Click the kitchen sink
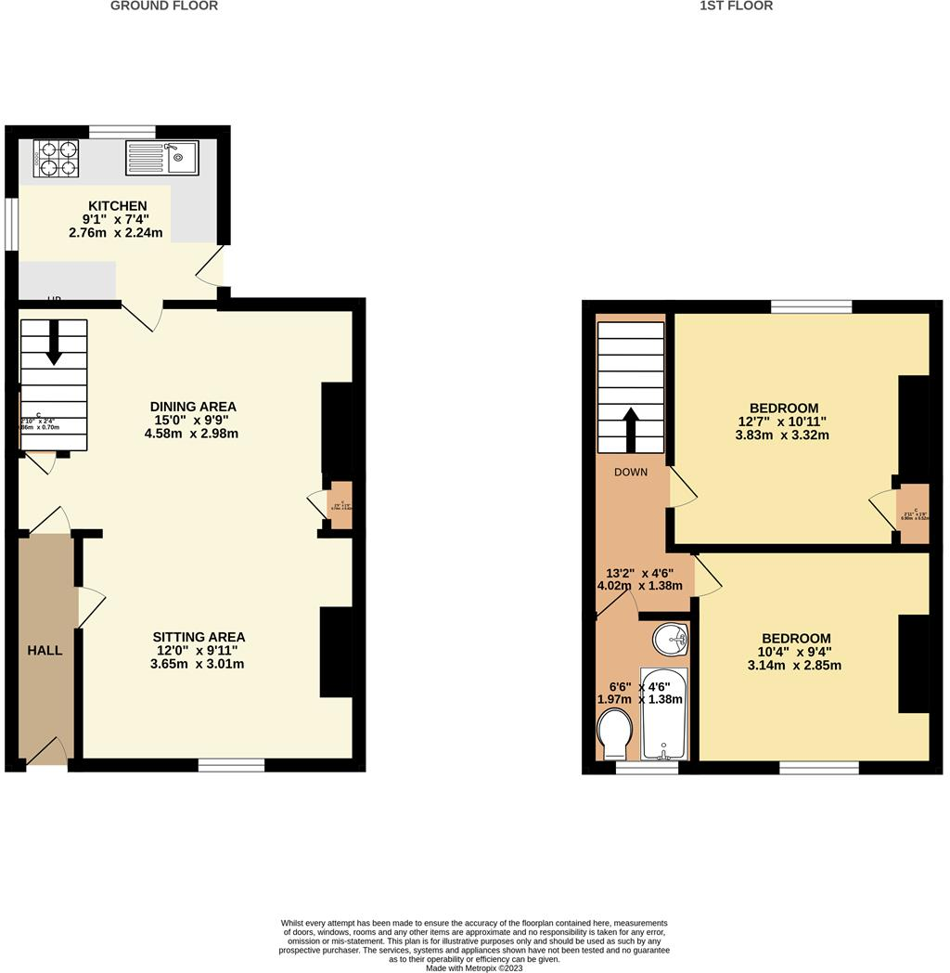pos(161,158)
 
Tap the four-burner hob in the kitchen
pos(56,158)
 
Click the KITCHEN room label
pos(117,206)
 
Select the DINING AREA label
pos(193,407)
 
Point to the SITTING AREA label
pos(199,637)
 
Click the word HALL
pos(45,651)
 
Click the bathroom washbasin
pos(670,638)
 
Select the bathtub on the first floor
pos(664,712)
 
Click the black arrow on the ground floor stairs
pos(53,342)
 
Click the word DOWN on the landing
pos(631,472)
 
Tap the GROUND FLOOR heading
pos(164,6)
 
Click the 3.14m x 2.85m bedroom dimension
pos(795,665)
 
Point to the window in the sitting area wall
pos(231,765)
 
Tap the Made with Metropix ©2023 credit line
pos(474,967)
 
